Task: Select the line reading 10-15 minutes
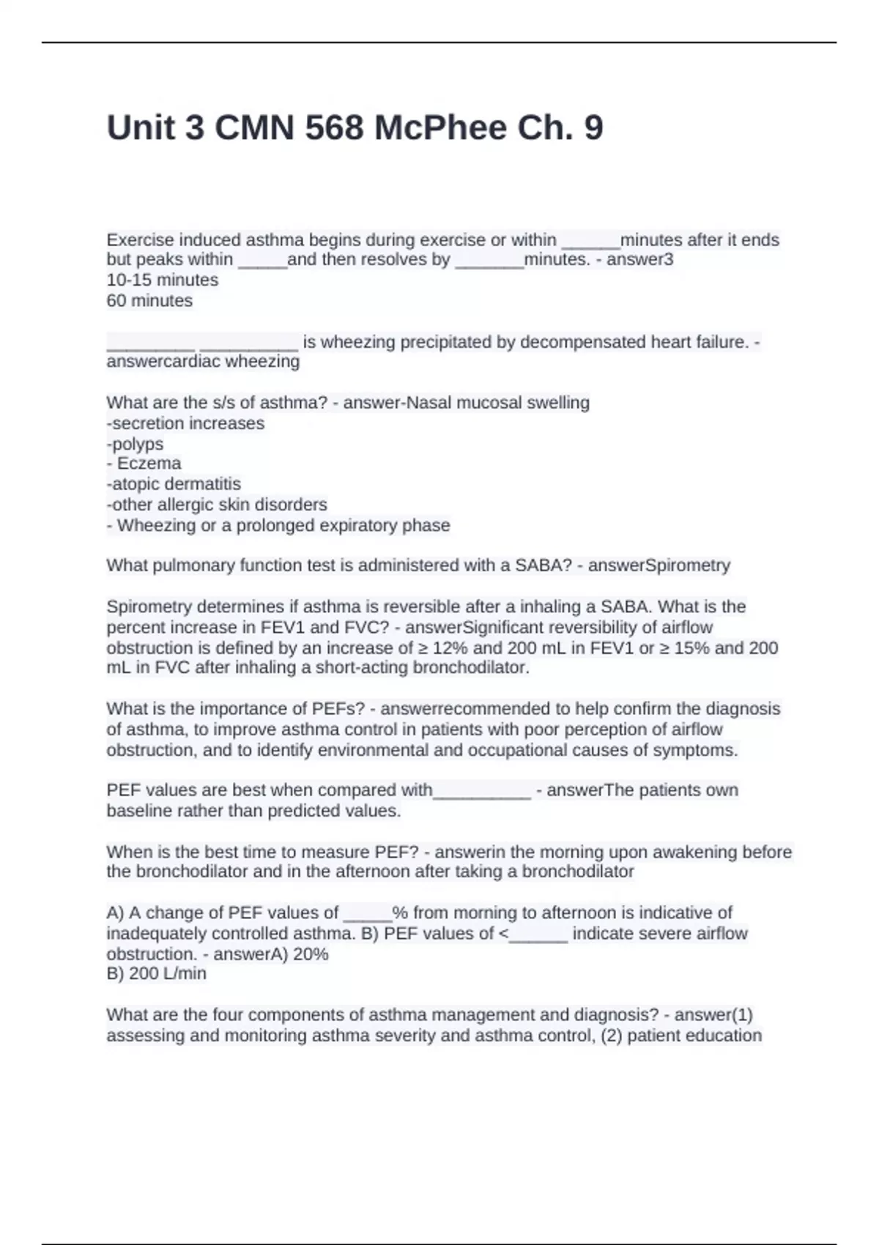(163, 280)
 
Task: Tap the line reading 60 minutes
(149, 300)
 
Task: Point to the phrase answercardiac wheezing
(203, 362)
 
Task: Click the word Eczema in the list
(149, 464)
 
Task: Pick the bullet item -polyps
(135, 444)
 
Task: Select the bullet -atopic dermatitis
(174, 484)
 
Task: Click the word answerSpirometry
(659, 565)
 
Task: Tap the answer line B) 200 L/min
(157, 974)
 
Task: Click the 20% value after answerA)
(311, 954)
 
